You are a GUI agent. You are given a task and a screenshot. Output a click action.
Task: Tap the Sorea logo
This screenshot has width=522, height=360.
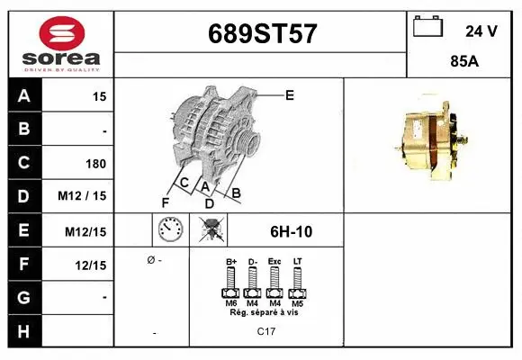pyautogui.click(x=59, y=41)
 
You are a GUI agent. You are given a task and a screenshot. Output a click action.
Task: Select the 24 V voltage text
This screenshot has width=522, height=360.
pyautogui.click(x=481, y=31)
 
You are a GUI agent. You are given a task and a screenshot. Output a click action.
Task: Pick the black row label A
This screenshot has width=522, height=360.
pyautogui.click(x=24, y=95)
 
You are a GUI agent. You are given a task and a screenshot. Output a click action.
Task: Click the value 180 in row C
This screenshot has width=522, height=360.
pyautogui.click(x=95, y=164)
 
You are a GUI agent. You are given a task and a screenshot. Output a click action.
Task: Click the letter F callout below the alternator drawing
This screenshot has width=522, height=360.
pyautogui.click(x=166, y=201)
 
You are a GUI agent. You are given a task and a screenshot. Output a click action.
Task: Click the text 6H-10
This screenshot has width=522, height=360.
pyautogui.click(x=291, y=231)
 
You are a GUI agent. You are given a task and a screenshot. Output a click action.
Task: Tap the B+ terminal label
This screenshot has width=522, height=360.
pyautogui.click(x=230, y=262)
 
